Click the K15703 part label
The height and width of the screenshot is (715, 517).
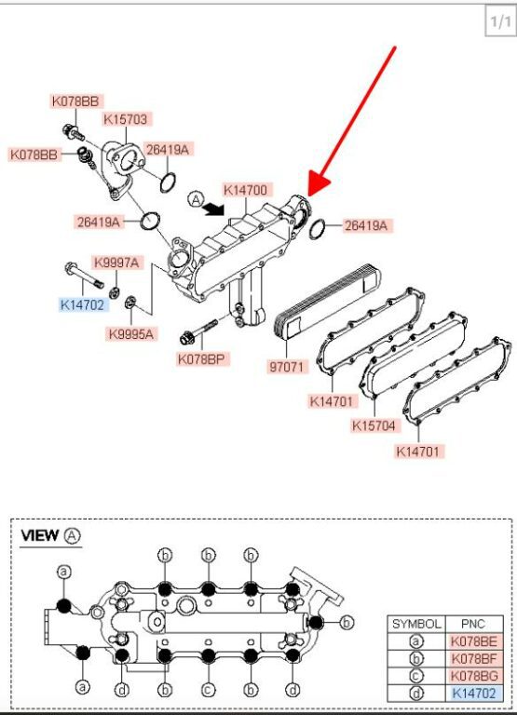tap(126, 119)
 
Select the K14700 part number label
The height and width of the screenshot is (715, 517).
tap(246, 190)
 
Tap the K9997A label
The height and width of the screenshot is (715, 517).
tap(116, 263)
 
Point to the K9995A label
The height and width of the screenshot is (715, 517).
tap(131, 334)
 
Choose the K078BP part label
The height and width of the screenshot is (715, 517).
tap(202, 358)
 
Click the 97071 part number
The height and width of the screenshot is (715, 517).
tap(286, 367)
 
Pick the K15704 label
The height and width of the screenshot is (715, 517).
tap(374, 425)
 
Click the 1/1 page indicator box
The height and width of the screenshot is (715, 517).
tap(500, 21)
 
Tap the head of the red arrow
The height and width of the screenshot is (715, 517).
tap(317, 184)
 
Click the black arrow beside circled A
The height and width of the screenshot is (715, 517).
tap(213, 209)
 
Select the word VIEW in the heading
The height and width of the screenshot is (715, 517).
tap(40, 535)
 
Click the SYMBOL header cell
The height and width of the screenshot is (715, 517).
tap(416, 624)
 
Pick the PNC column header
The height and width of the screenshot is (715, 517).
tap(473, 624)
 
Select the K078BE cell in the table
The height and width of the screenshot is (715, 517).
tap(473, 641)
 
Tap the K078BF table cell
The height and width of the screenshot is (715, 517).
tap(473, 658)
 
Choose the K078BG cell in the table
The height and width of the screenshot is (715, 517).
tap(473, 676)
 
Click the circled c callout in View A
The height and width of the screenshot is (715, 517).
tap(208, 690)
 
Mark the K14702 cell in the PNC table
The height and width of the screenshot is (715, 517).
tap(473, 694)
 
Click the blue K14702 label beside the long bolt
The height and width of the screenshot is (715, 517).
tap(83, 304)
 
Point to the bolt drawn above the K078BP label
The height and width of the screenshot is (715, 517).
tap(198, 332)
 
